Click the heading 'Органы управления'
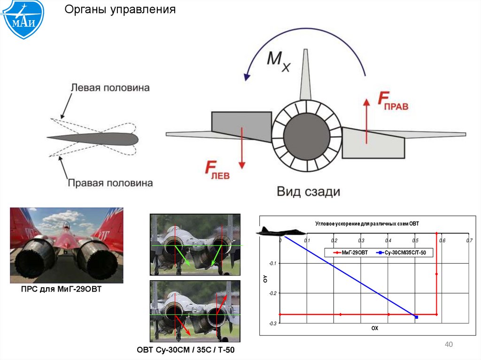(x=120, y=9)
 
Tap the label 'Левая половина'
(x=110, y=88)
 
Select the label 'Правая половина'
(x=110, y=183)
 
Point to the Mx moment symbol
(x=279, y=61)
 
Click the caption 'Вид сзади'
(x=308, y=191)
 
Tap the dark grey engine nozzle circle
(x=307, y=136)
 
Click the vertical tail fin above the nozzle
(x=305, y=75)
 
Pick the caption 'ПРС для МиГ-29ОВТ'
(x=61, y=290)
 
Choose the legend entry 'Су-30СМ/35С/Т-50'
(x=403, y=253)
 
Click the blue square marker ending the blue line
(x=416, y=317)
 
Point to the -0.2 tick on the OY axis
(x=273, y=293)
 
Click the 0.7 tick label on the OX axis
(x=469, y=241)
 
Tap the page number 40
(x=448, y=345)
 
